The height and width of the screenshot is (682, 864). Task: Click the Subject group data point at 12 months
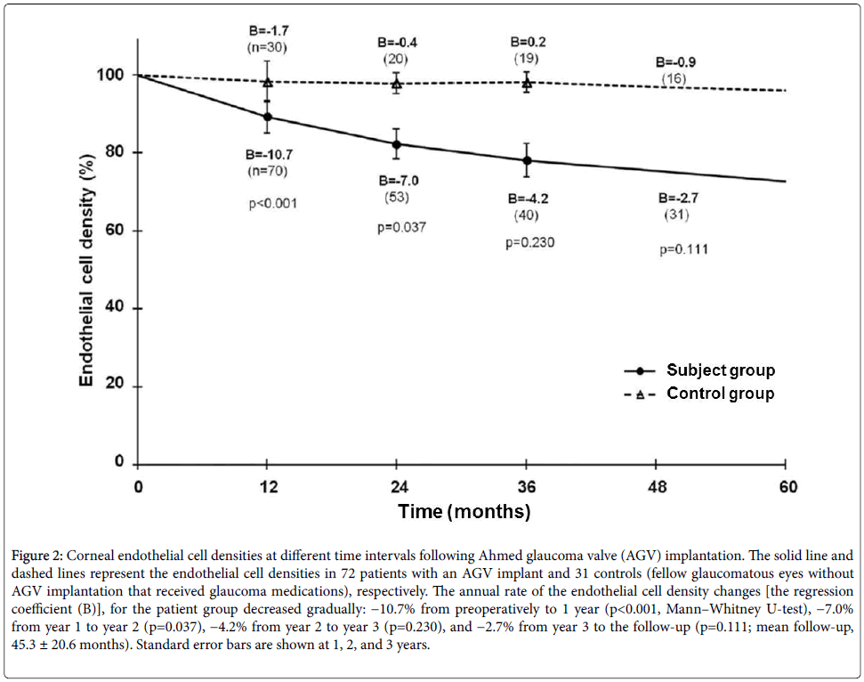tap(268, 117)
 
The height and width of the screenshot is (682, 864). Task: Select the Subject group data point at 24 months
tap(397, 144)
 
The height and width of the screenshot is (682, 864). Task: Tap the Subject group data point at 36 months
tap(527, 161)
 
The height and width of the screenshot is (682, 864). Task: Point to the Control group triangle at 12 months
tap(268, 82)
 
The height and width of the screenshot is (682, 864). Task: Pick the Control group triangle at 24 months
tap(397, 84)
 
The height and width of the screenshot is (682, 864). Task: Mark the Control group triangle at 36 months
tap(527, 83)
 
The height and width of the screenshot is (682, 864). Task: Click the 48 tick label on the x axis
tap(657, 487)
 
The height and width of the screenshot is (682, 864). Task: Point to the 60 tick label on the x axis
tap(787, 487)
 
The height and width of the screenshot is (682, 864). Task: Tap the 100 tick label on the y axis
tap(109, 76)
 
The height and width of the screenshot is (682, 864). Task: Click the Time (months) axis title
tap(464, 512)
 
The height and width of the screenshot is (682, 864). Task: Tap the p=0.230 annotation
tap(529, 241)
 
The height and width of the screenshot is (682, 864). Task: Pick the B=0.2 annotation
tap(529, 41)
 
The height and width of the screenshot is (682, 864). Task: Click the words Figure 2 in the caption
tap(36, 556)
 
